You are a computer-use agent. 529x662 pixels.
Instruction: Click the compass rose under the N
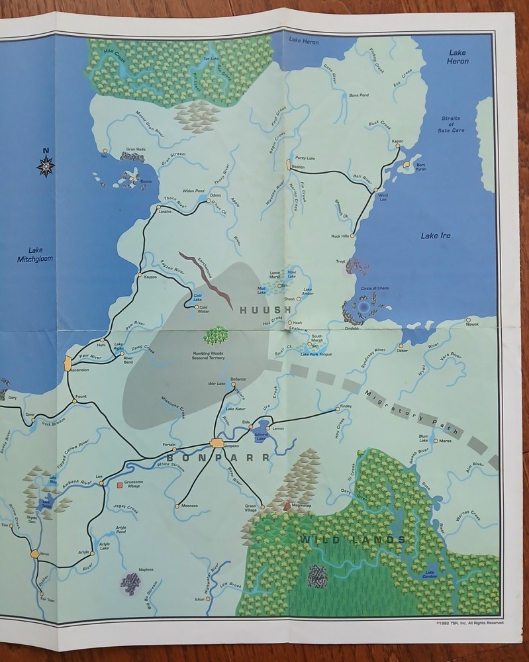point(46,167)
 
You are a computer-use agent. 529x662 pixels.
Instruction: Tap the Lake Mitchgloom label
point(35,255)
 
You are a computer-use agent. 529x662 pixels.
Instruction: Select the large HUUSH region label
point(265,310)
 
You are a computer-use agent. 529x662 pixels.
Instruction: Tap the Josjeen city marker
point(217,444)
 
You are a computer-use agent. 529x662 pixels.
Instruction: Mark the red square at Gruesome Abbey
point(120,485)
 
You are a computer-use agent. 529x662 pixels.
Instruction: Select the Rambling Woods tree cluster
point(216,335)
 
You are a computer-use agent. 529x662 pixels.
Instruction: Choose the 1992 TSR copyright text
point(469,623)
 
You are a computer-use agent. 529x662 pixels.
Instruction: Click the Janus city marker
point(35,553)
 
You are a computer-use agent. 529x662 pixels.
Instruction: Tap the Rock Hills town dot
point(353,236)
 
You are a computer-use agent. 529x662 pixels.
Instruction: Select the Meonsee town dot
point(177,506)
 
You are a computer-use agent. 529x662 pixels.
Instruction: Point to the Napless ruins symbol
point(131,583)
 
